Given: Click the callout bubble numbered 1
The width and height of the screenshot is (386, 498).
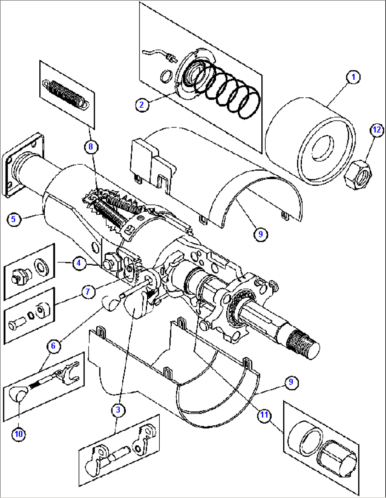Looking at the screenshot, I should click(353, 77).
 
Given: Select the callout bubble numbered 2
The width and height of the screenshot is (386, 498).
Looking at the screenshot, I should click(142, 104).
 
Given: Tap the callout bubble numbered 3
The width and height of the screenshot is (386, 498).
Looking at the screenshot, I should click(118, 410).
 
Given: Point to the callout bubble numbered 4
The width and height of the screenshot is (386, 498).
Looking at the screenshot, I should click(79, 263).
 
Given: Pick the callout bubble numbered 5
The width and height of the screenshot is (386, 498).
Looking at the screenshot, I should click(13, 219).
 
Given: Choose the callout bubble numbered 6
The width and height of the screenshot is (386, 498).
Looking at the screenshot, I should click(53, 345).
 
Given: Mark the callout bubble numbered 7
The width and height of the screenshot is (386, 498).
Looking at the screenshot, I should click(88, 292).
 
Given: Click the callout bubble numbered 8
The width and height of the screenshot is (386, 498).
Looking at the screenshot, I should click(91, 146).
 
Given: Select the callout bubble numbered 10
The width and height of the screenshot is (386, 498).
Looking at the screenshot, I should click(18, 434).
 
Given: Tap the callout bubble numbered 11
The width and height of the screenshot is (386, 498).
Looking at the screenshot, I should click(264, 415).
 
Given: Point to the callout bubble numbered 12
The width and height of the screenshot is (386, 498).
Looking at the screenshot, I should click(377, 130).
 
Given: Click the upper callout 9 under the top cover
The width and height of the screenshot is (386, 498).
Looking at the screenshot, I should click(261, 234).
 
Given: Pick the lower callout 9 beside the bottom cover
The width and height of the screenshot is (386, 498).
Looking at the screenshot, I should click(291, 382).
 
